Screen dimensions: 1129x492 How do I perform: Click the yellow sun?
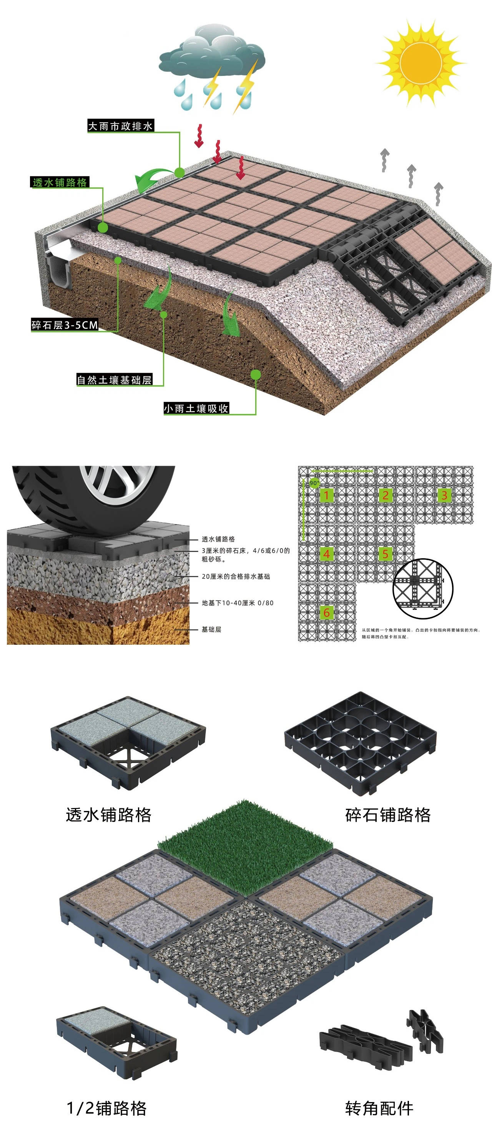[x=420, y=62]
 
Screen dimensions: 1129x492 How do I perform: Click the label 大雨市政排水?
[x=120, y=126]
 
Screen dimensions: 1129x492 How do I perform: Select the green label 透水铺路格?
[x=60, y=182]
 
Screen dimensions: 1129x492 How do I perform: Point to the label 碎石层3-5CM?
[x=64, y=325]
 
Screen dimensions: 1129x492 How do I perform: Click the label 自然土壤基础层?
[x=114, y=380]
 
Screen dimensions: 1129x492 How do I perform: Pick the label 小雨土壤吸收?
[x=196, y=408]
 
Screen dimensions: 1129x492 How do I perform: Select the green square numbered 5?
[x=385, y=554]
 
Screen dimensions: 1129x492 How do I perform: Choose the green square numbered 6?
[x=326, y=613]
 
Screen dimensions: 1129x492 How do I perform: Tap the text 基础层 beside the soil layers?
[x=211, y=629]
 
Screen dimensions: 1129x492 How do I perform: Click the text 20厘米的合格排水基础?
[x=236, y=576]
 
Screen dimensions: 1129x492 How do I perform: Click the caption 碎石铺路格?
[x=388, y=815]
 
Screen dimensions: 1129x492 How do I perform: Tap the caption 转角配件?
[x=379, y=1108]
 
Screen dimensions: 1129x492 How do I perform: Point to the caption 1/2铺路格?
[x=106, y=1108]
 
